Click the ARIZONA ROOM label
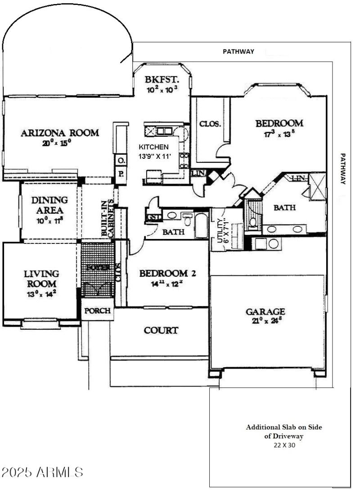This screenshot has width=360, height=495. (x=60, y=133)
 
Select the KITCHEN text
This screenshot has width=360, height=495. (x=153, y=147)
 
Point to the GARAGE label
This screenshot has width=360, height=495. (x=265, y=311)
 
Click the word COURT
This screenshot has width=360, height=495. (x=161, y=330)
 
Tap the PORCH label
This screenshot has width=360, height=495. (x=98, y=311)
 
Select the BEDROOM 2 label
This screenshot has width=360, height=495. (x=167, y=274)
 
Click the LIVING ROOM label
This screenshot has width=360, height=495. (x=41, y=279)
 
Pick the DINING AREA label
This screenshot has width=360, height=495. (x=50, y=205)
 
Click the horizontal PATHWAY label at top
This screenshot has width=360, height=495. (x=238, y=51)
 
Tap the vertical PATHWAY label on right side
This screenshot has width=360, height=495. (x=343, y=169)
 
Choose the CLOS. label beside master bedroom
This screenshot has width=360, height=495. (x=210, y=124)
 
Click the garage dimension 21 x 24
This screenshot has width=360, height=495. (x=265, y=321)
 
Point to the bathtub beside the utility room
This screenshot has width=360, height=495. (x=201, y=225)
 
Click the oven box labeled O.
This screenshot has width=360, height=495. (x=121, y=160)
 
